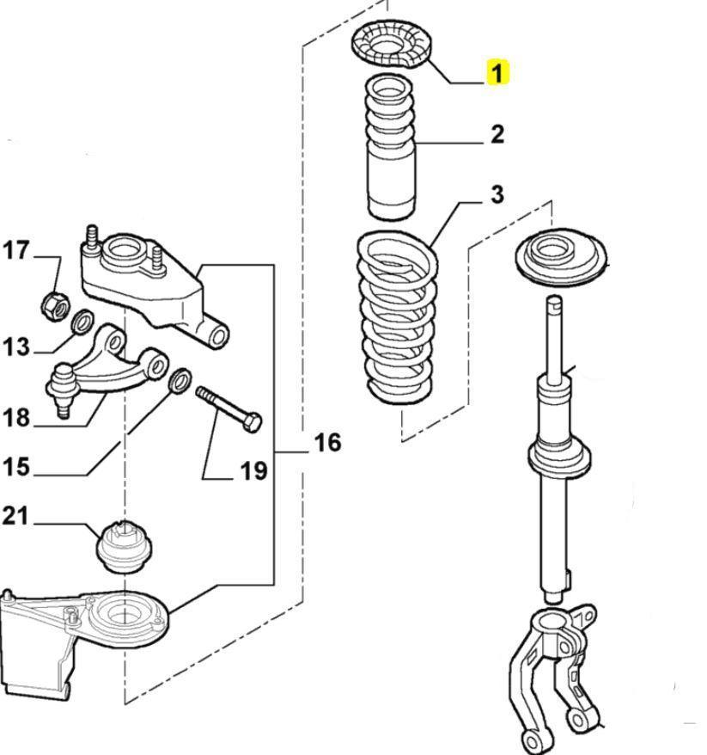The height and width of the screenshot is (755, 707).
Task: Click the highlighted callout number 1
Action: [497, 72]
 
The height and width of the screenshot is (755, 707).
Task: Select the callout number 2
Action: [497, 134]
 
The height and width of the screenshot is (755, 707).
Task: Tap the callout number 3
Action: [497, 195]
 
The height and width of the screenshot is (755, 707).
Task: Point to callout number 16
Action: [326, 443]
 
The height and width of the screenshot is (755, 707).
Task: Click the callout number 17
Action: [16, 251]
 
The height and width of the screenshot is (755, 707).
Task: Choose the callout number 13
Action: [16, 347]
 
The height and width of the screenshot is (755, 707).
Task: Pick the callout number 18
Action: [16, 418]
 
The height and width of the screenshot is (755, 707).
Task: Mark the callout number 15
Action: [16, 468]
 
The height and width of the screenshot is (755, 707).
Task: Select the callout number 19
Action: [253, 471]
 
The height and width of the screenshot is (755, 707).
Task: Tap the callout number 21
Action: [16, 516]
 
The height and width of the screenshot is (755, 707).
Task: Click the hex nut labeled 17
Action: [54, 303]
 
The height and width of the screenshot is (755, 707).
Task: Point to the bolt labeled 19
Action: [229, 408]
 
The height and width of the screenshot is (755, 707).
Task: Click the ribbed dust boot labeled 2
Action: [391, 146]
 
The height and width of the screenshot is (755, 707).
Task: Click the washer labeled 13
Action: [82, 322]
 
